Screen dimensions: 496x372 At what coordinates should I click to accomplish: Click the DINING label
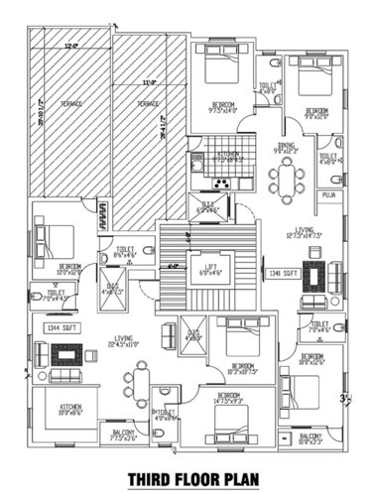(x=287, y=147)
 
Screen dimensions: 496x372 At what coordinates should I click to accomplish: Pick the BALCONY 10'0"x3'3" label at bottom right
(x=310, y=437)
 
